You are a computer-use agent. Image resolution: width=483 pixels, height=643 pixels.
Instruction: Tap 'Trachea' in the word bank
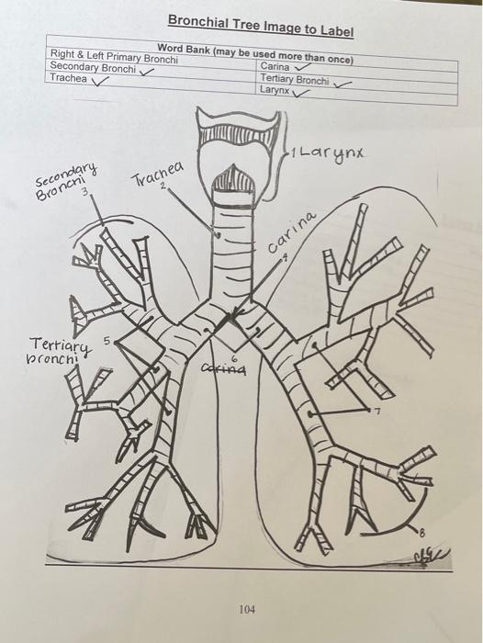click(x=68, y=79)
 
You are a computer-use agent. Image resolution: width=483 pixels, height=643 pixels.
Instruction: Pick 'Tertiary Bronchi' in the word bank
click(x=294, y=79)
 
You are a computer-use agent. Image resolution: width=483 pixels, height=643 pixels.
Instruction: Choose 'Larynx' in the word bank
click(x=274, y=90)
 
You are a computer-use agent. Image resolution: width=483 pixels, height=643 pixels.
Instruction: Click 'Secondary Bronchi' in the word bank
click(x=92, y=67)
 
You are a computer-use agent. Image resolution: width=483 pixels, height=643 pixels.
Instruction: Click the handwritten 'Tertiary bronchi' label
click(x=60, y=350)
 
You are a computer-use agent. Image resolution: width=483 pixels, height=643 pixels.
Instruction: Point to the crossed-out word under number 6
click(x=223, y=369)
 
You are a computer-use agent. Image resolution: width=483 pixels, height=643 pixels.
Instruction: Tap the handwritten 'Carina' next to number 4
click(x=294, y=233)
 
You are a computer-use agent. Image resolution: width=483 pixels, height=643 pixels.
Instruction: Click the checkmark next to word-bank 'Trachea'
click(x=101, y=80)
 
